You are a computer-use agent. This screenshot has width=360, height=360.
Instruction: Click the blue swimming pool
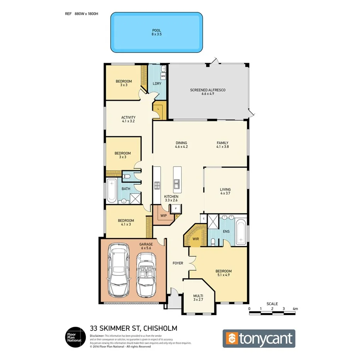pos(156,32)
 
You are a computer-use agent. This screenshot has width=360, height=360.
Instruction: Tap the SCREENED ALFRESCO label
pos(207,90)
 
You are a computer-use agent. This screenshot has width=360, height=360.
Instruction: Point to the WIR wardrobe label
pos(195,239)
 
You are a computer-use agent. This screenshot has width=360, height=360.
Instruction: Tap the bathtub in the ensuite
pos(241,232)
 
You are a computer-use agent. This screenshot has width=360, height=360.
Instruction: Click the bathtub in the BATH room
pos(112,191)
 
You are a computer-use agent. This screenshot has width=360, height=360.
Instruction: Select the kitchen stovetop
pos(157,186)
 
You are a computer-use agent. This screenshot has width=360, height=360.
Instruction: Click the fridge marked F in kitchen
pos(176,209)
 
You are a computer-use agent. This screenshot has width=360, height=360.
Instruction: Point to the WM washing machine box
pos(163,76)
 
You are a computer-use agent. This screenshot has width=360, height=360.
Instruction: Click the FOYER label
pos(178,263)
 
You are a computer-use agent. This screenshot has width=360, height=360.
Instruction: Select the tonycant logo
pos(259,338)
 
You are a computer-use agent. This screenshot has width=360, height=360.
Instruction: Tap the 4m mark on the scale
pos(295,309)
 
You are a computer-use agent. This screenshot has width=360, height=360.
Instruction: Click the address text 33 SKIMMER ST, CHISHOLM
pos(133,328)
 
